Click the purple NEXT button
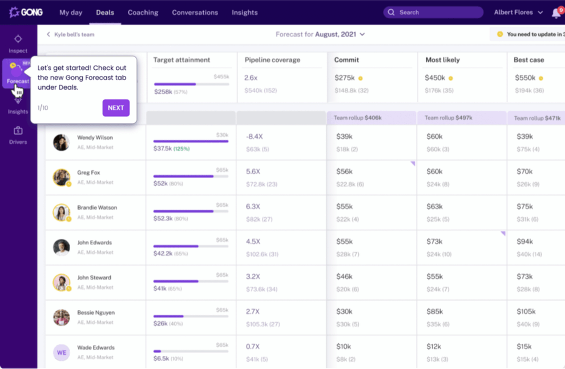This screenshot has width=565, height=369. point(116,108)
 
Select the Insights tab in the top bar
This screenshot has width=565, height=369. point(244,13)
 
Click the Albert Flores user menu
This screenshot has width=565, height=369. point(518,13)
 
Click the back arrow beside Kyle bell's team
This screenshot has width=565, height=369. point(49,34)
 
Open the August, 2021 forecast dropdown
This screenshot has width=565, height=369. point(320,34)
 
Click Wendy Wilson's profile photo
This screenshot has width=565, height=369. point(61,142)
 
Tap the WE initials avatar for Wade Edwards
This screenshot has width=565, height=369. point(61,352)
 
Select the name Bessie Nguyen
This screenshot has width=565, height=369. point(95,312)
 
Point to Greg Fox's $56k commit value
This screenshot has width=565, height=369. point(344,171)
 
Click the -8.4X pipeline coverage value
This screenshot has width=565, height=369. point(254,137)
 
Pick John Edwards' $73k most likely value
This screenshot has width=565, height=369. point(434,242)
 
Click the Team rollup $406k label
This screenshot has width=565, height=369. point(358,118)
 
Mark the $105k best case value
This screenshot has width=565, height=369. point(526,312)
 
